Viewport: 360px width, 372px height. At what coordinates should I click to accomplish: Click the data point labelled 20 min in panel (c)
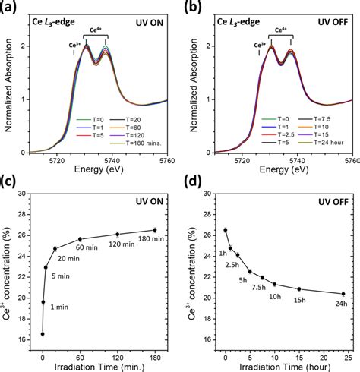pyautogui.click(x=55, y=249)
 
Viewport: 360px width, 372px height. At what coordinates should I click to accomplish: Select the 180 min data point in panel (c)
pyautogui.click(x=155, y=230)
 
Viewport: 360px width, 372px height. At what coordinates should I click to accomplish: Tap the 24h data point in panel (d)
pyautogui.click(x=343, y=294)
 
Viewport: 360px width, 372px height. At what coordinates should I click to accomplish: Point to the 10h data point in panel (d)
pyautogui.click(x=274, y=285)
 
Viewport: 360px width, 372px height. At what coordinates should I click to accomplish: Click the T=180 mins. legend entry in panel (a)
pyautogui.click(x=135, y=143)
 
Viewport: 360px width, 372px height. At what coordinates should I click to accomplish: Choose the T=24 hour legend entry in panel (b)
pyautogui.click(x=321, y=143)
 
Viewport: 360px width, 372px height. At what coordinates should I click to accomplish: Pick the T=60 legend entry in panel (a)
pyautogui.click(x=125, y=128)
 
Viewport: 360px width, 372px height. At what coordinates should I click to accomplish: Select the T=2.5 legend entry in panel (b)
pyautogui.click(x=278, y=134)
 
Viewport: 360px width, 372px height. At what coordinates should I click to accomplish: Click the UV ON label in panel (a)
pyautogui.click(x=150, y=23)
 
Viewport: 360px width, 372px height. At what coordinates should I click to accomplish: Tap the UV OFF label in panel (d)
pyautogui.click(x=333, y=202)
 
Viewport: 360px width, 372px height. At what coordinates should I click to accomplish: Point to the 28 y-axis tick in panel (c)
pyautogui.click(x=22, y=215)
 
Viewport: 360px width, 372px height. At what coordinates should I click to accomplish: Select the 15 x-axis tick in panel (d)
pyautogui.click(x=299, y=358)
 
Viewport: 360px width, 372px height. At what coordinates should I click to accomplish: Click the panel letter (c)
pyautogui.click(x=8, y=181)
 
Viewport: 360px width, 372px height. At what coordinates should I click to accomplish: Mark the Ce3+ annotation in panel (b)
pyautogui.click(x=260, y=46)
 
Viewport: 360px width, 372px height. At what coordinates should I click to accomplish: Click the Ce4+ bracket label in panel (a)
pyautogui.click(x=96, y=30)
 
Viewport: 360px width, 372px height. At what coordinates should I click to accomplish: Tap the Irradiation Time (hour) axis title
pyautogui.click(x=285, y=367)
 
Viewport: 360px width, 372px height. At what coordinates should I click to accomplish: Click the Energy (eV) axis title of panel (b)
pyautogui.click(x=284, y=169)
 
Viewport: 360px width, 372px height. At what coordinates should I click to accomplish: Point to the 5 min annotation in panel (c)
pyautogui.click(x=61, y=276)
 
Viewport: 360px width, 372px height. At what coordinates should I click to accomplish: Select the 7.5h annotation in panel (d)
pyautogui.click(x=259, y=287)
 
